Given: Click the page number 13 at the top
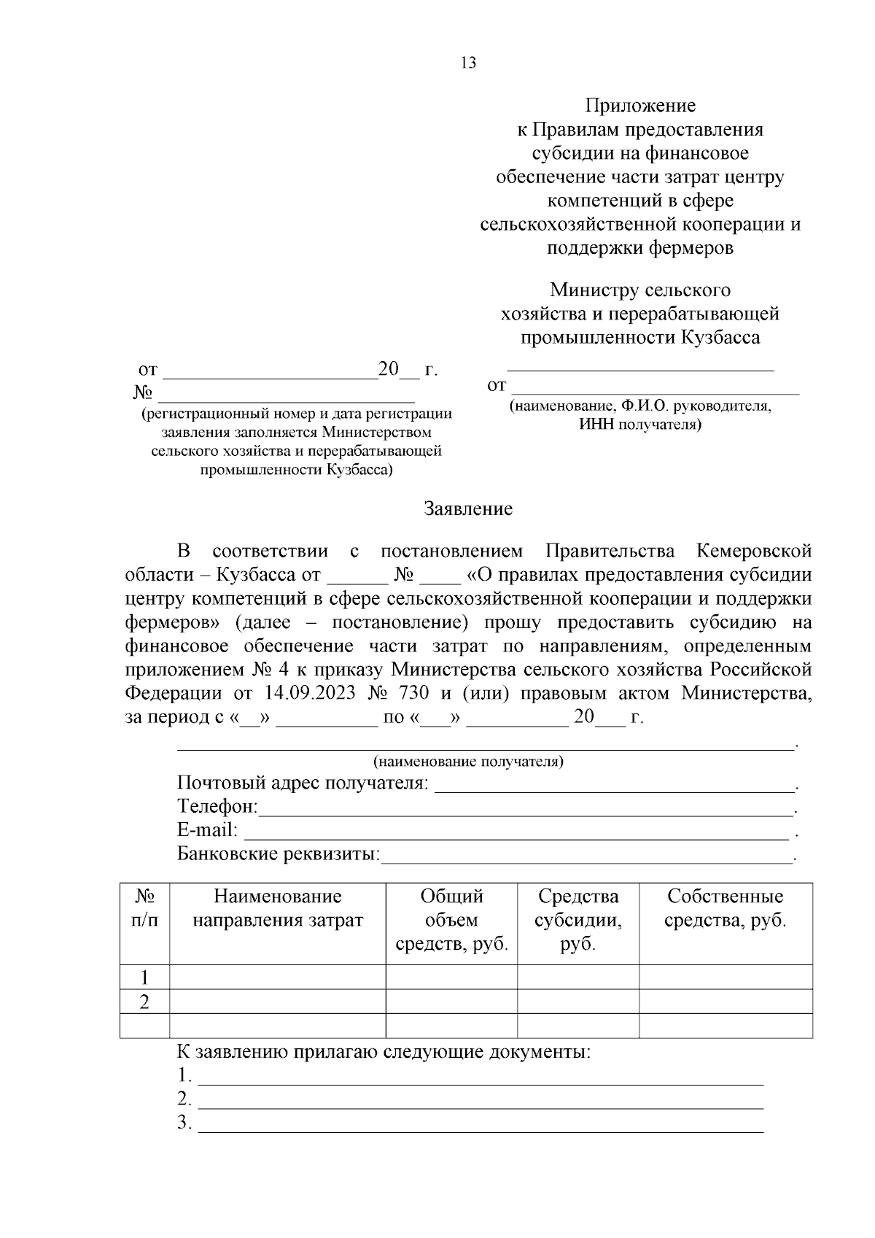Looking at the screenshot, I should (x=468, y=63).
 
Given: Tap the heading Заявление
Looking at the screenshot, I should (x=468, y=508).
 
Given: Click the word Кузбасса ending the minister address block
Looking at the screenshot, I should (x=720, y=337).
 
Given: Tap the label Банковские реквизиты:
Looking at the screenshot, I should (x=279, y=854).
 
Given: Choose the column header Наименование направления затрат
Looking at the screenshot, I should (x=277, y=908).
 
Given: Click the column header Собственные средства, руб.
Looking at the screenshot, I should (x=725, y=908).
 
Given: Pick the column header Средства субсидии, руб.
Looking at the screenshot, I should (x=577, y=920).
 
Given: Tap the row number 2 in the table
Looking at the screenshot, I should (x=144, y=1002).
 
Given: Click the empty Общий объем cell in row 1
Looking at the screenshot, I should (x=451, y=978).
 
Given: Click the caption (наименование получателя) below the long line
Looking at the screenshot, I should (x=468, y=762).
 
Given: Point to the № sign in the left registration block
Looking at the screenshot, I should (x=143, y=393).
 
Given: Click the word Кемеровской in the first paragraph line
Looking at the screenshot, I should (x=753, y=551).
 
